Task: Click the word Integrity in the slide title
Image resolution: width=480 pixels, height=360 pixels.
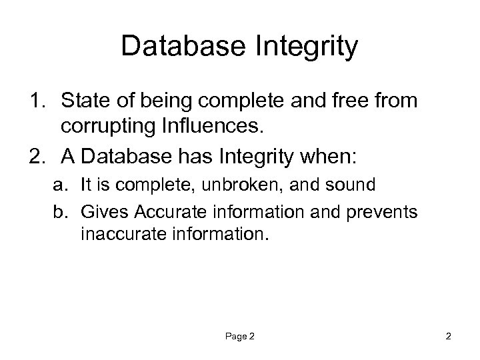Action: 307,47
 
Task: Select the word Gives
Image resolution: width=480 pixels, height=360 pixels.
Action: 103,212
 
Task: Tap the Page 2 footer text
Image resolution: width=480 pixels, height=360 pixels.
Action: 239,337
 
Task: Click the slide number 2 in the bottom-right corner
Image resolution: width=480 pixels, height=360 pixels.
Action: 449,337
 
